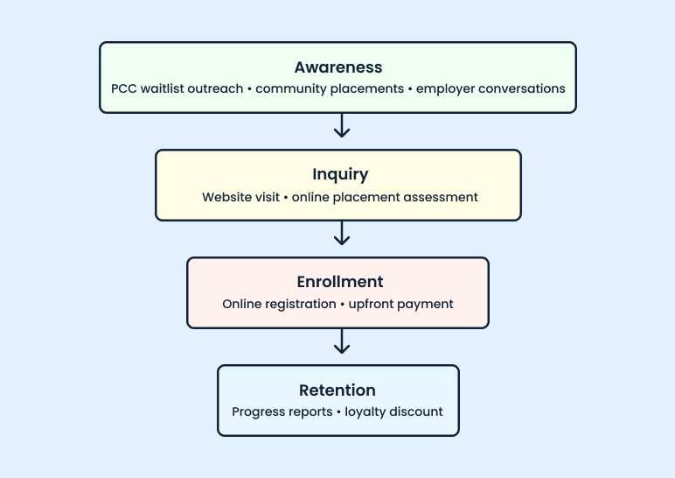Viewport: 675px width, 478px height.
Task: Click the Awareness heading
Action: [337, 67]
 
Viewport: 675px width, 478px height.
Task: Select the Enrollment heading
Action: [337, 282]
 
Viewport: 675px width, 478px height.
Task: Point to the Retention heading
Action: [337, 390]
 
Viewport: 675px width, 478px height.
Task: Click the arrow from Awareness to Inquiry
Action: [342, 126]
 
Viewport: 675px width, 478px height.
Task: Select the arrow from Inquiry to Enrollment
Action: [342, 234]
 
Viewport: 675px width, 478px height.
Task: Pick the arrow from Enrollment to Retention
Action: [342, 341]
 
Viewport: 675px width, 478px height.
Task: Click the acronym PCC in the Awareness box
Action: [125, 88]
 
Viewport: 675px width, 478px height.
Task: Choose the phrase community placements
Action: [329, 88]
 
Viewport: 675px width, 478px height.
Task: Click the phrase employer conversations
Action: [491, 88]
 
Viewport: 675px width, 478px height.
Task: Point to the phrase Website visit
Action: [240, 197]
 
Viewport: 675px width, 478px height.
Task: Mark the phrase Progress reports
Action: [282, 411]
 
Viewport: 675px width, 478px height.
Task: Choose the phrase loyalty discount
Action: [393, 411]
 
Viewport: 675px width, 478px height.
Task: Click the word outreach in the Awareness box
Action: [218, 88]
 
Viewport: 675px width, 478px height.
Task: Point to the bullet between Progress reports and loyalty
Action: [338, 411]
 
